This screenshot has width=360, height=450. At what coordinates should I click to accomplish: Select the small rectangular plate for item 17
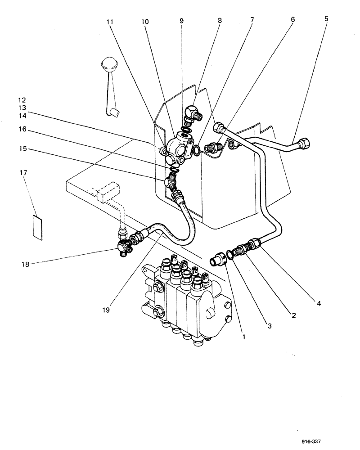[37, 228]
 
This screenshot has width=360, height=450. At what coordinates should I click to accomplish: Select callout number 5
[326, 19]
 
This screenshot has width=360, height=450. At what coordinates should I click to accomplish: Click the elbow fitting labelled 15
[172, 182]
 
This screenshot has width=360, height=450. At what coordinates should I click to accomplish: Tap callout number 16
[23, 129]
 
